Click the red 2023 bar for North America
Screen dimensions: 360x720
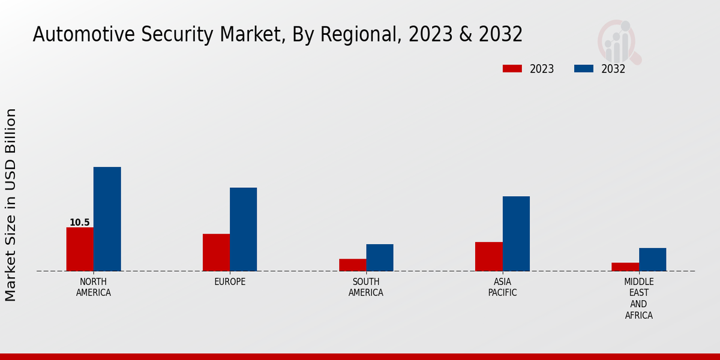tap(80, 249)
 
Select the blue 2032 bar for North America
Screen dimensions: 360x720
tap(107, 219)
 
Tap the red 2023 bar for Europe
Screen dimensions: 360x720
tap(216, 252)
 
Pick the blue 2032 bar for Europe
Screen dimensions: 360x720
tap(243, 229)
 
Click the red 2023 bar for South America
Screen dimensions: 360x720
tap(352, 265)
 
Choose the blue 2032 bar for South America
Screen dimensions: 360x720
tap(380, 257)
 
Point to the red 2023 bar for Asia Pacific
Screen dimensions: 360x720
tap(488, 256)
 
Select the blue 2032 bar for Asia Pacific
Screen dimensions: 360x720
tap(516, 233)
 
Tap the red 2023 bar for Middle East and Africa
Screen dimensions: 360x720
tap(625, 266)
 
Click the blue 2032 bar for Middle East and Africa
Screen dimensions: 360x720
tap(652, 259)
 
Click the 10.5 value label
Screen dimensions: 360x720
tap(79, 223)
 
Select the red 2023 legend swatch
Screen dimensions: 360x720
tap(512, 69)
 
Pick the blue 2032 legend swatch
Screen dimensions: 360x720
tap(583, 69)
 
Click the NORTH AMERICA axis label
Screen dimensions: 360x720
tap(94, 287)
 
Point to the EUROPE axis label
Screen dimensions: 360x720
tap(230, 282)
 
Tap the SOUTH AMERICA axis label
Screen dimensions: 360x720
tap(366, 287)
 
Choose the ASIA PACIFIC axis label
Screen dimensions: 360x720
tap(502, 287)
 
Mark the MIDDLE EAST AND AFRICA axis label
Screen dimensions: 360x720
tap(638, 298)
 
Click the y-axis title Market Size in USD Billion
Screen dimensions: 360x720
tap(11, 205)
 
